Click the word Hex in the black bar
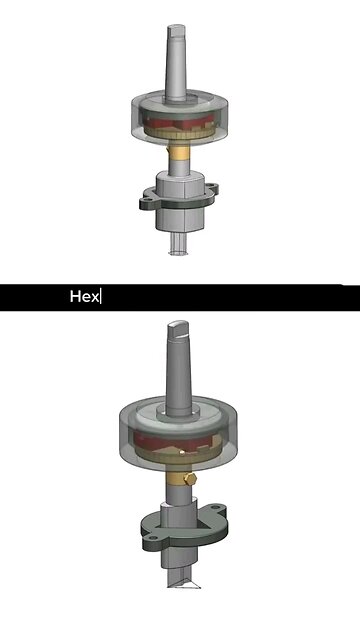click(84, 297)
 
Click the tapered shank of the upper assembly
click(172, 65)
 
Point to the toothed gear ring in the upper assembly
click(181, 137)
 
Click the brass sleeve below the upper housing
click(181, 155)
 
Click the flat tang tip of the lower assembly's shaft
click(179, 326)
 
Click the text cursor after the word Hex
click(102, 297)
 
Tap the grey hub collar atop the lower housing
click(181, 411)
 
